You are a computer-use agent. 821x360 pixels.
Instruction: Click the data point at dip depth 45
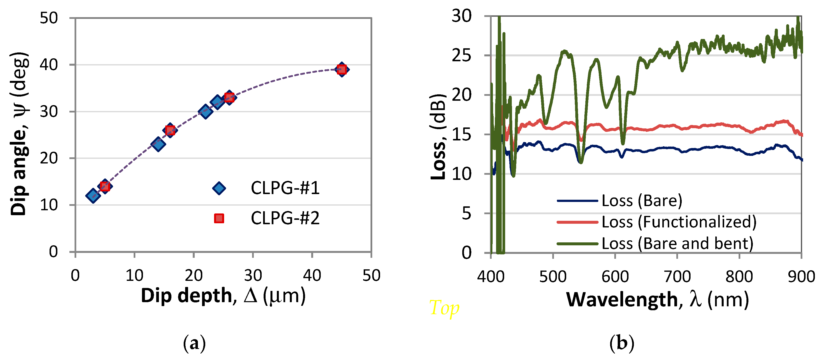tap(342, 69)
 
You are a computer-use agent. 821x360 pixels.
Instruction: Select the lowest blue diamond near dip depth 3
tap(93, 195)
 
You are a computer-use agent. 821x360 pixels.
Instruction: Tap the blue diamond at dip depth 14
tap(158, 144)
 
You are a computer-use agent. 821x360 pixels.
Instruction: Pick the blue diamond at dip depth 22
tap(205, 112)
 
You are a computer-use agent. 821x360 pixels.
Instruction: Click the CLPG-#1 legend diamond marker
tap(219, 188)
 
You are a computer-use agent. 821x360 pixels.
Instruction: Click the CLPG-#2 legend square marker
tap(219, 218)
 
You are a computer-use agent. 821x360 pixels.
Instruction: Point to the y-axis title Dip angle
tap(19, 134)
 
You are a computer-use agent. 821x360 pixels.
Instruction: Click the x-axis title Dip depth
tap(223, 296)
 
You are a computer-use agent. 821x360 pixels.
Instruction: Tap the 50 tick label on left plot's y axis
tap(49, 18)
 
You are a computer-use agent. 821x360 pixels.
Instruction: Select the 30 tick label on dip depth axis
tap(253, 275)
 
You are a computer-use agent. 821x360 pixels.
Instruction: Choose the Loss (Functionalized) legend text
tap(679, 222)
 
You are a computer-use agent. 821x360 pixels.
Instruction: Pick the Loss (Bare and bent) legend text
tap(677, 243)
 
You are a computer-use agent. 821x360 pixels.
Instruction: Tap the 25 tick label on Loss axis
tap(461, 56)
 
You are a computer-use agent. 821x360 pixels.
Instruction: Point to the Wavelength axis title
tap(657, 299)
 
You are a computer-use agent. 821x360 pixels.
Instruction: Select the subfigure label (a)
tap(194, 343)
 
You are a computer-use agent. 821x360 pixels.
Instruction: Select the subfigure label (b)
tap(621, 343)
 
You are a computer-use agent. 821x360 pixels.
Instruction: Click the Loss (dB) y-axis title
tap(438, 137)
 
